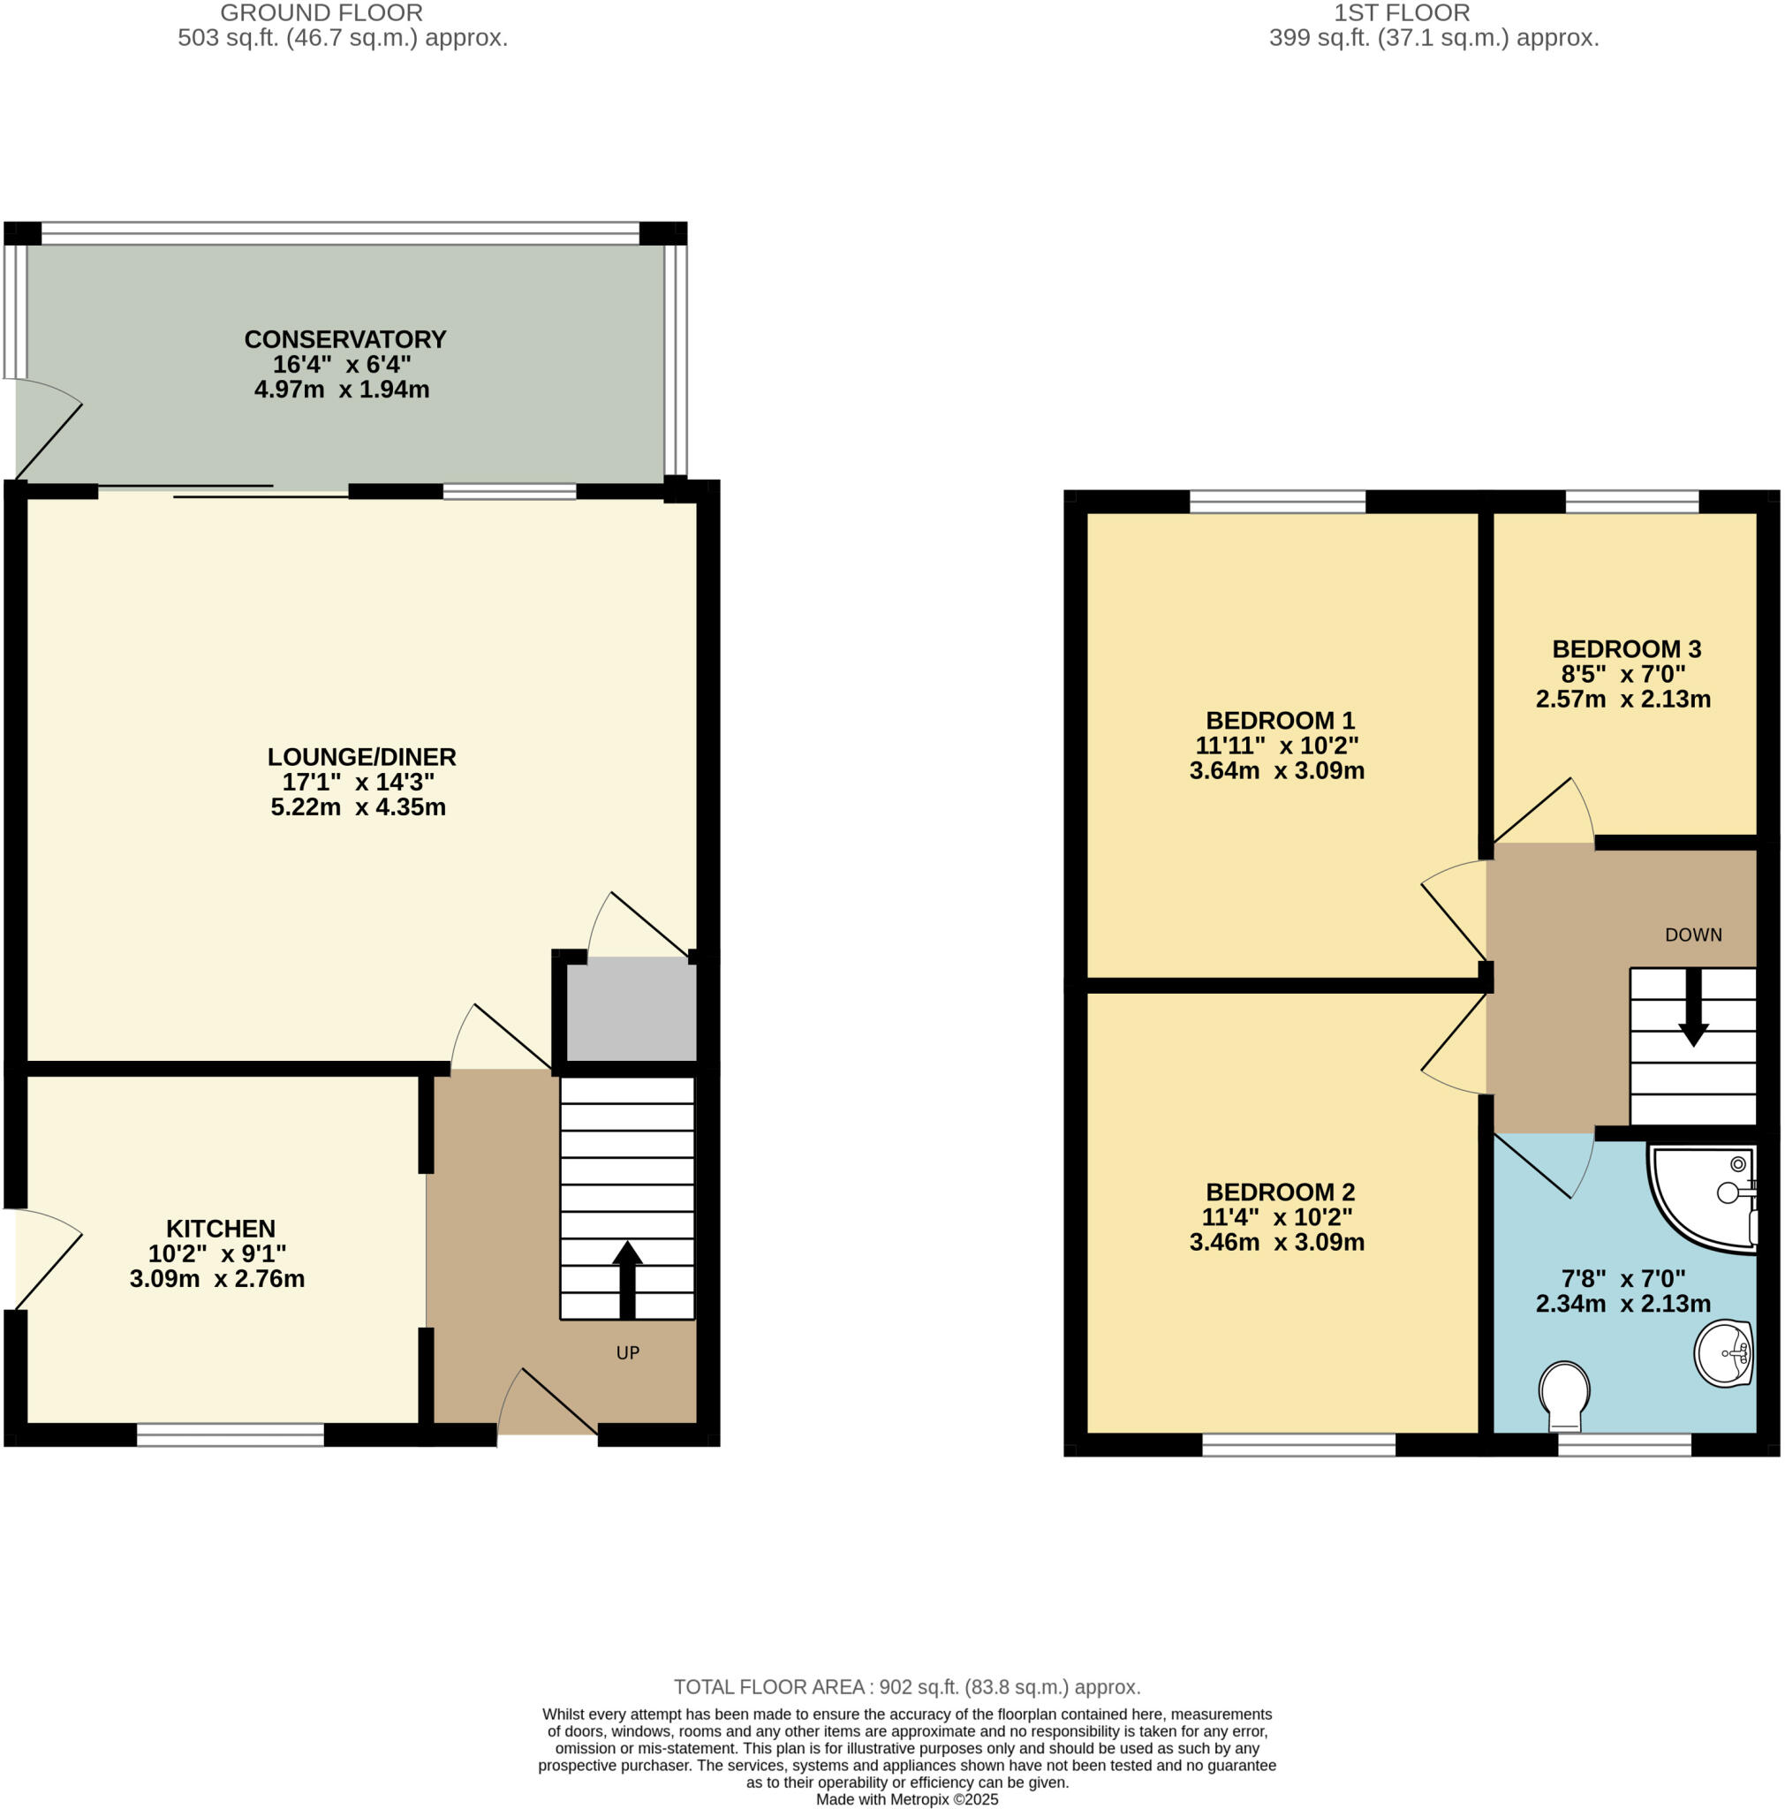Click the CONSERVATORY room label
click(x=344, y=340)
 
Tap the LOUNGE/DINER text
click(x=361, y=757)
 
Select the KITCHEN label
click(x=220, y=1228)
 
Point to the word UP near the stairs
click(x=627, y=1352)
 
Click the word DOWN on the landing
click(x=1692, y=935)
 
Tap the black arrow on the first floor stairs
click(x=1692, y=1008)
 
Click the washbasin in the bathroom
click(x=1723, y=1353)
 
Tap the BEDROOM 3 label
click(x=1626, y=649)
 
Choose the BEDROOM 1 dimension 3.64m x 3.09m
click(x=1275, y=770)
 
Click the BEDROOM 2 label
click(x=1280, y=1192)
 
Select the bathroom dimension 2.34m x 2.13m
click(x=1622, y=1304)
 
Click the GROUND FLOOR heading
click(x=321, y=13)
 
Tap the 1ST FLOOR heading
click(x=1401, y=13)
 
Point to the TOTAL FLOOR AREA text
click(x=906, y=1687)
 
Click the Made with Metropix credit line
click(x=906, y=1799)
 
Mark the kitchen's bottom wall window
click(x=231, y=1434)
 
